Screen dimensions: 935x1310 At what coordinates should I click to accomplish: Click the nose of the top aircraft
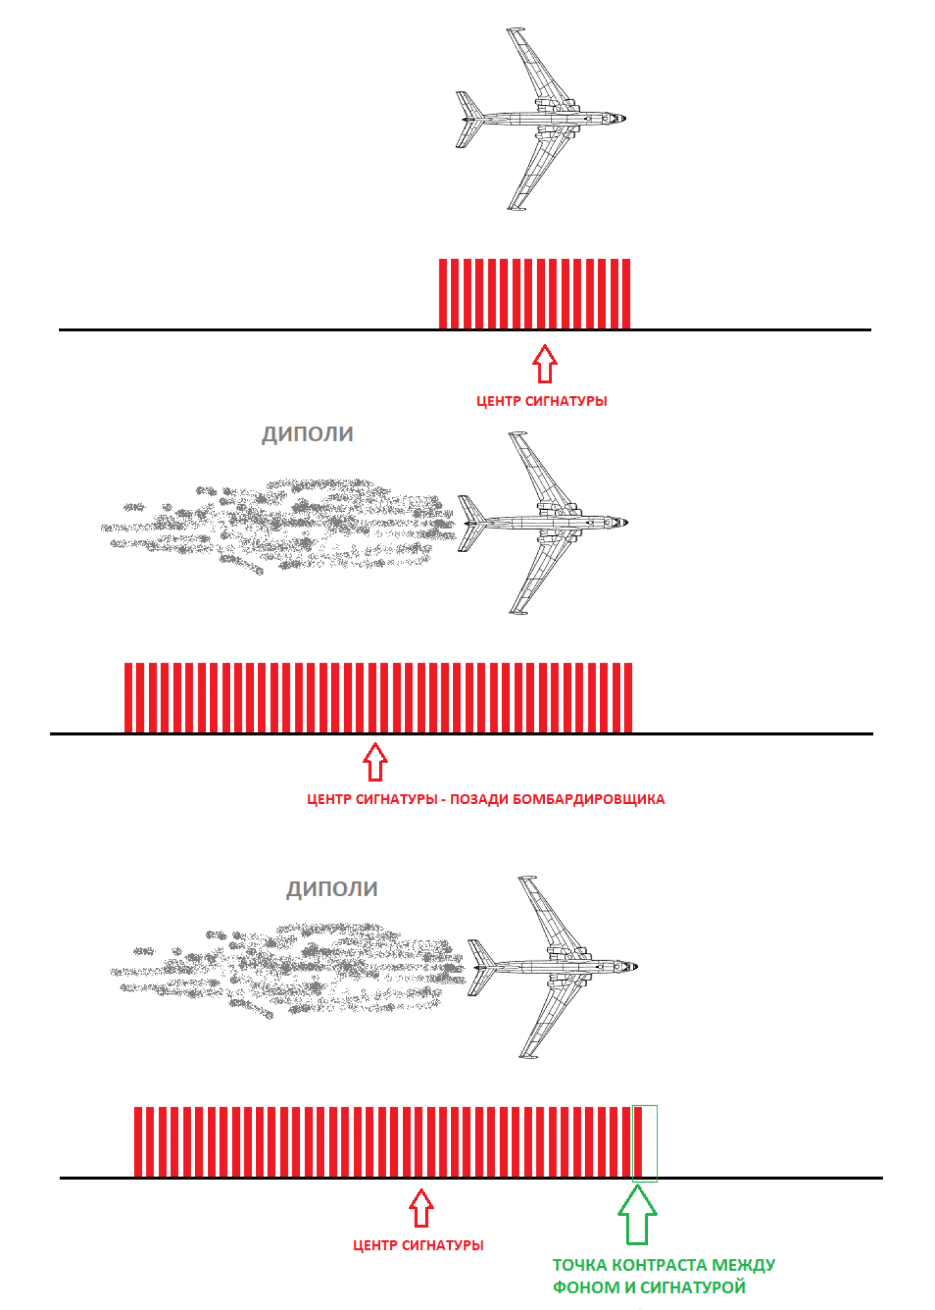pyautogui.click(x=624, y=118)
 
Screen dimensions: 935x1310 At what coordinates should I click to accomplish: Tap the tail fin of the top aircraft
pyautogui.click(x=469, y=119)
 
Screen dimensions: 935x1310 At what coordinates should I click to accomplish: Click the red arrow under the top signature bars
pyautogui.click(x=544, y=363)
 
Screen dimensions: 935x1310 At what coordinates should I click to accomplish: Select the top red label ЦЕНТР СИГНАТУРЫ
pyautogui.click(x=541, y=401)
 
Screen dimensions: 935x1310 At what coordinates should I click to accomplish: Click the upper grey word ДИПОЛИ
pyautogui.click(x=307, y=434)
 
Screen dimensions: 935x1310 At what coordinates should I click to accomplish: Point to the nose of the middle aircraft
pyautogui.click(x=625, y=522)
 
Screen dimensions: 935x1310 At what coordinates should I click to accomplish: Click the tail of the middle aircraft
pyautogui.click(x=472, y=523)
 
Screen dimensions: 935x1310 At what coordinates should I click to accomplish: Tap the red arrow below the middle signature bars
pyautogui.click(x=375, y=761)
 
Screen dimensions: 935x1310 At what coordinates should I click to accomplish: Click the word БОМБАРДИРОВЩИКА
pyautogui.click(x=588, y=799)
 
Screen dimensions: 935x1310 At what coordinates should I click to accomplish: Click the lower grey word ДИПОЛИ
pyautogui.click(x=331, y=888)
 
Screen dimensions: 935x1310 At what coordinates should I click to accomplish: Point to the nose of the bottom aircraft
pyautogui.click(x=635, y=967)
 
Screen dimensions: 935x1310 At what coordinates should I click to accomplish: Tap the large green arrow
pyautogui.click(x=637, y=1215)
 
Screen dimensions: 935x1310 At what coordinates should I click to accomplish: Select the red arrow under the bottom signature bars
pyautogui.click(x=421, y=1208)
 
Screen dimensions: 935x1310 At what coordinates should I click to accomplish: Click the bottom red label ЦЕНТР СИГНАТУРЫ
pyautogui.click(x=418, y=1245)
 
